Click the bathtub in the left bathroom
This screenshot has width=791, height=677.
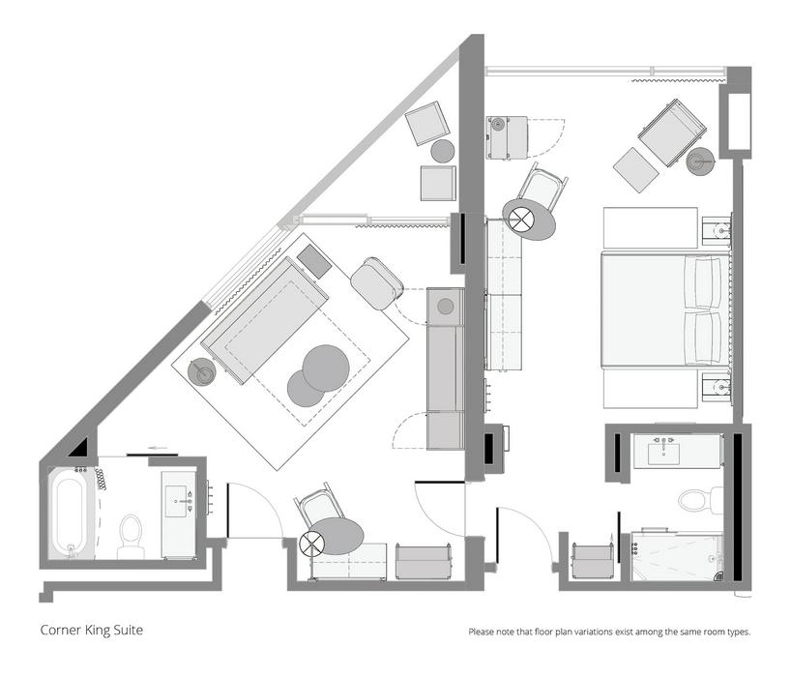(71, 514)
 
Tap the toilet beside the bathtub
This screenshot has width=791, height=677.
(131, 536)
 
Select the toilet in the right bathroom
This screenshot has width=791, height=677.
(701, 499)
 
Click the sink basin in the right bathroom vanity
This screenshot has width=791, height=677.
(663, 454)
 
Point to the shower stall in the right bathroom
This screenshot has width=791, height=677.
(677, 555)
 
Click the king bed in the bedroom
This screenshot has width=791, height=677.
(666, 310)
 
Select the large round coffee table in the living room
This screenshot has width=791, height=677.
(326, 368)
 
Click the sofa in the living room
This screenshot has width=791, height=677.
(265, 320)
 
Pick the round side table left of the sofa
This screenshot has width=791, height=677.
(202, 372)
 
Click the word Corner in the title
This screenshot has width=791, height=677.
(61, 630)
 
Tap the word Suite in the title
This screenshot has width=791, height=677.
(130, 630)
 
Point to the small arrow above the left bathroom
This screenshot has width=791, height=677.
(159, 448)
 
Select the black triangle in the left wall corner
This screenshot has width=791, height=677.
(79, 448)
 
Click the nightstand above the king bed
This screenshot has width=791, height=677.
(717, 231)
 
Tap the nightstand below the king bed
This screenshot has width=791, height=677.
(717, 388)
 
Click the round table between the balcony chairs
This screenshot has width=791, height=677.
(443, 151)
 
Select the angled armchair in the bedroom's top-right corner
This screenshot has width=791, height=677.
(672, 132)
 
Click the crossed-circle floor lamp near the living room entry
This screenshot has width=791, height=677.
(310, 544)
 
